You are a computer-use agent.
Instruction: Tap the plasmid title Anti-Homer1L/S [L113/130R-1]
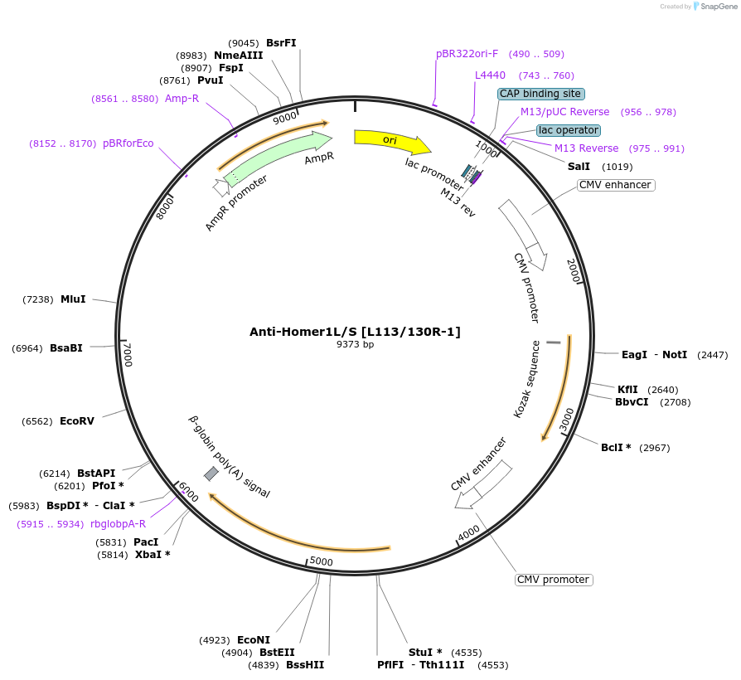pyautogui.click(x=355, y=332)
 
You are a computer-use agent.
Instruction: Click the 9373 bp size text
pyautogui.click(x=355, y=344)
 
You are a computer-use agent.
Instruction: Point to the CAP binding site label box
pyautogui.click(x=540, y=94)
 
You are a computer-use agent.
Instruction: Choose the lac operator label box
pyautogui.click(x=568, y=130)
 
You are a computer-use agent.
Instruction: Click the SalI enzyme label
pyautogui.click(x=579, y=166)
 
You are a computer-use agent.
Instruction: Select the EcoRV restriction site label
pyautogui.click(x=76, y=421)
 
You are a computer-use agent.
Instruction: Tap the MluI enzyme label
pyautogui.click(x=73, y=299)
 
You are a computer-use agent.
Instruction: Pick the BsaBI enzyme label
pyautogui.click(x=65, y=348)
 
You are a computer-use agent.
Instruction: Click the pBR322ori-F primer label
pyautogui.click(x=467, y=54)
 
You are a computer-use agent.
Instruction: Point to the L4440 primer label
pyautogui.click(x=490, y=75)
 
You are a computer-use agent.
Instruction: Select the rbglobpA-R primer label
pyautogui.click(x=118, y=524)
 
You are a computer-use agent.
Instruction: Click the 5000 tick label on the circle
pyautogui.click(x=321, y=562)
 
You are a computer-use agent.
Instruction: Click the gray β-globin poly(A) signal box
pyautogui.click(x=211, y=474)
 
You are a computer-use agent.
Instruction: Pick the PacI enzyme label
pyautogui.click(x=146, y=542)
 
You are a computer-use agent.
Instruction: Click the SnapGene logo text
pyautogui.click(x=718, y=7)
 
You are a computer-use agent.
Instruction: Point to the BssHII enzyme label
pyautogui.click(x=305, y=665)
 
